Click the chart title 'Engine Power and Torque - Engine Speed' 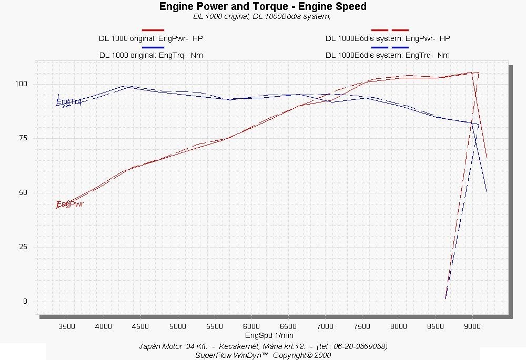[x=262, y=7]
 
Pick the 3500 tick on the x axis [x=67, y=326]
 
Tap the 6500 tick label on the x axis [x=288, y=326]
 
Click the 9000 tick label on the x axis [x=472, y=326]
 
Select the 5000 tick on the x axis [x=178, y=326]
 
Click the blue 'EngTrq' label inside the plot [x=68, y=101]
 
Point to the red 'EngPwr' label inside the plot [x=70, y=204]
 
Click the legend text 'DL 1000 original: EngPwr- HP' [x=151, y=38]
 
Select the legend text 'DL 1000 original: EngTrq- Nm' [x=151, y=55]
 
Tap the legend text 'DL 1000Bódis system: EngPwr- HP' [x=388, y=38]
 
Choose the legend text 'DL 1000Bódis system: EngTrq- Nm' [x=388, y=55]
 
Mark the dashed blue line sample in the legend [x=390, y=47]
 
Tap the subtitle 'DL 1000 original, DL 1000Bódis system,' [x=262, y=16]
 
